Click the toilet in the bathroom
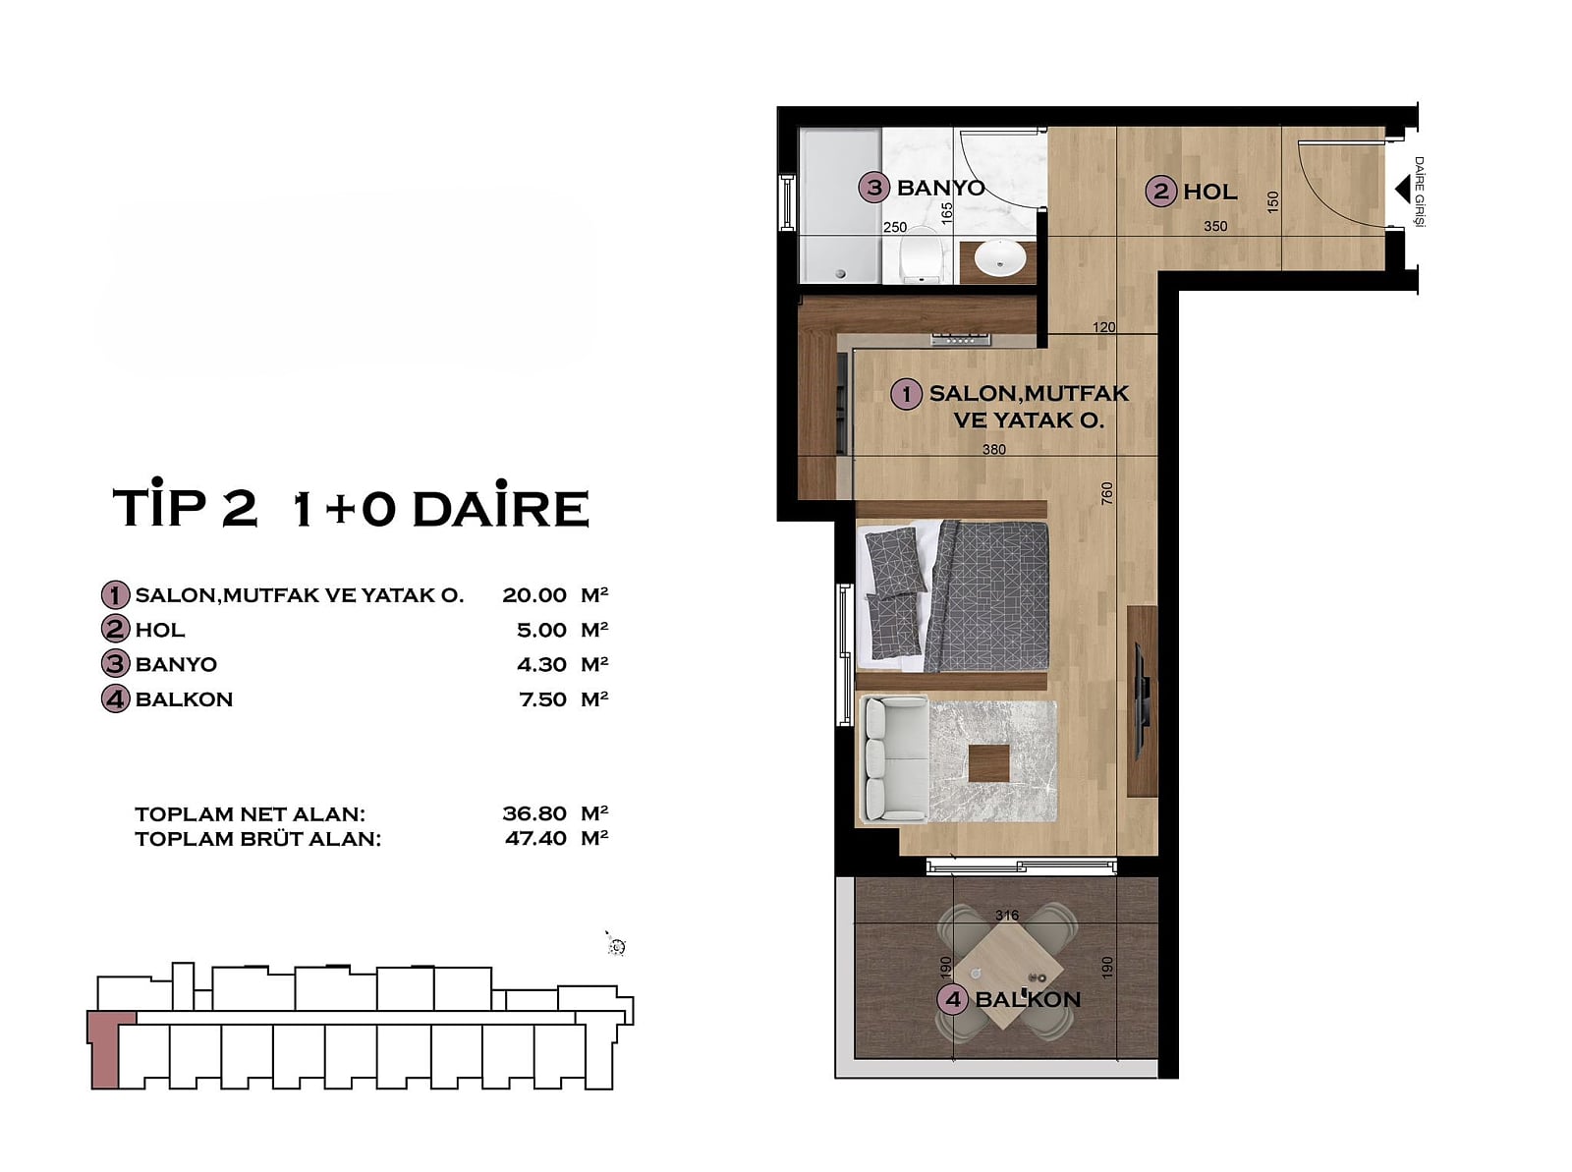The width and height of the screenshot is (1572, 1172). [x=918, y=254]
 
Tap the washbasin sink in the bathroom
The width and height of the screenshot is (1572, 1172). [x=999, y=259]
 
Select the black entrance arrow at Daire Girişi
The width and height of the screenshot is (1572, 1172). [x=1402, y=191]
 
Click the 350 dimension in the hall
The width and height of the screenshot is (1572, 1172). [x=1215, y=226]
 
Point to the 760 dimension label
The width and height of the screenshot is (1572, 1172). [x=1106, y=493]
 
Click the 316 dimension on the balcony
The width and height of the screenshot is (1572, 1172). [x=1007, y=915]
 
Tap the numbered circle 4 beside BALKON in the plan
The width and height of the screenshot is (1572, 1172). [x=952, y=1000]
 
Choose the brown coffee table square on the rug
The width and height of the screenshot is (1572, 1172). [x=989, y=763]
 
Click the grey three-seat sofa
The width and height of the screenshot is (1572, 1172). [x=893, y=758]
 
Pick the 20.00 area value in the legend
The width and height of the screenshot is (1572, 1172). [x=534, y=595]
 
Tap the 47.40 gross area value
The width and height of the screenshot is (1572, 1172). [x=535, y=838]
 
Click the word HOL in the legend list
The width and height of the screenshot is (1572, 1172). [x=160, y=630]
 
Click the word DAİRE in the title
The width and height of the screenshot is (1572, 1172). [x=501, y=508]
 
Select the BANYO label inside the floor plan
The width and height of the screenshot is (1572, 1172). [x=940, y=188]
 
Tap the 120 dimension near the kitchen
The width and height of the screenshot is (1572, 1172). [x=1103, y=327]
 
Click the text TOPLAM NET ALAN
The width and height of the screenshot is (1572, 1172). [x=250, y=814]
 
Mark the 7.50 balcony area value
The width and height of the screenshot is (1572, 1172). [x=543, y=699]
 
